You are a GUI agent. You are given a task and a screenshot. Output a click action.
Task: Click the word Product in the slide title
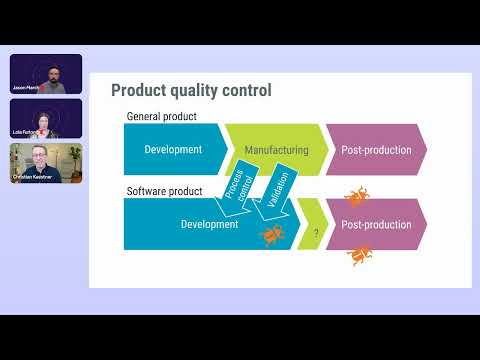pos(138,91)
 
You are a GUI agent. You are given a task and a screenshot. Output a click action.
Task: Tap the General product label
pos(160,116)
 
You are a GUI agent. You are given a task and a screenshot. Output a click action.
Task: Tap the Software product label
pos(163,190)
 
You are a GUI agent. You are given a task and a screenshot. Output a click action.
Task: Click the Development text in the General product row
pos(173,150)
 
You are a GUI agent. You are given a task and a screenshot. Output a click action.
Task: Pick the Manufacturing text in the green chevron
pos(276,150)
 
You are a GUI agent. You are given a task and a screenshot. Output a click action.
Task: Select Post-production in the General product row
pos(376,150)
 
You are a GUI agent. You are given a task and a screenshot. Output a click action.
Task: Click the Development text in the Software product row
pos(209,225)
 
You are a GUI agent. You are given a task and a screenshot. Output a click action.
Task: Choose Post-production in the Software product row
pos(376,225)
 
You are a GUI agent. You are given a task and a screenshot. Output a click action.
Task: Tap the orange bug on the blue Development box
pos(271,236)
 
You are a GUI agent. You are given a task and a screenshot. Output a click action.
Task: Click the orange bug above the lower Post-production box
pos(355,197)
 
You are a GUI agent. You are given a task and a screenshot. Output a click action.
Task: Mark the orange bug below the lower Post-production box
pos(359,256)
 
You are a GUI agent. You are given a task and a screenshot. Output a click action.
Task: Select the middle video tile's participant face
pos(45,120)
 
